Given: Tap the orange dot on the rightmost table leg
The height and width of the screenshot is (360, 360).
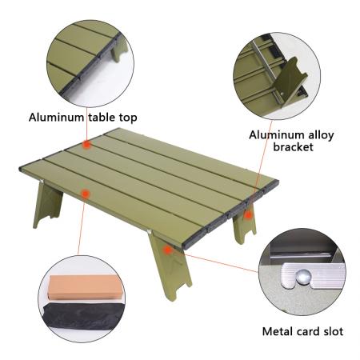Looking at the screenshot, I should coord(249,214).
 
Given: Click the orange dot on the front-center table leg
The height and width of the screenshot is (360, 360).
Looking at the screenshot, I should coord(167,250).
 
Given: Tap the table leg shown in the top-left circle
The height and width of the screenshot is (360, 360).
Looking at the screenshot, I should coord(118,51).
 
